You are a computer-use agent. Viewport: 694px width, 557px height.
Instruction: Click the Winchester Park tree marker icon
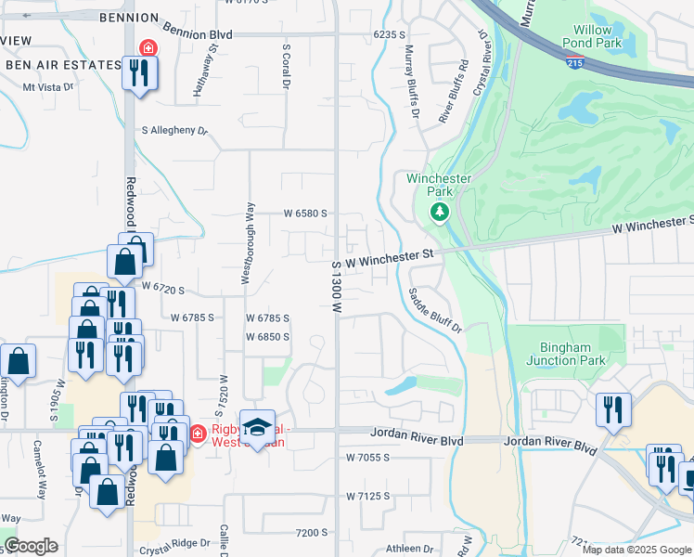440,213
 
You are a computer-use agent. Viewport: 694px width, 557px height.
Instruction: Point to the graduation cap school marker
258,427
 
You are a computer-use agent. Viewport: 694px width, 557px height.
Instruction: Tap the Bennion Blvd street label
197,33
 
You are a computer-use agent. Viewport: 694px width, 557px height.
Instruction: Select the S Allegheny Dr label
174,131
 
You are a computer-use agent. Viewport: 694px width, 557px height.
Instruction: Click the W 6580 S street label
305,213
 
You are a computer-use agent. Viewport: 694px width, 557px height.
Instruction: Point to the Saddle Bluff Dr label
433,309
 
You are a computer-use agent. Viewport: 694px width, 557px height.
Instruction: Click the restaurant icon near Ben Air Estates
140,72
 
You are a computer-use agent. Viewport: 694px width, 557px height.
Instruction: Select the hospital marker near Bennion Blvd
147,48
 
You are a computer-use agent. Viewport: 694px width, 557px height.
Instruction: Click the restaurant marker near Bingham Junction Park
613,409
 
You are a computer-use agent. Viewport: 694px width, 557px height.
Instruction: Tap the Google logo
31,546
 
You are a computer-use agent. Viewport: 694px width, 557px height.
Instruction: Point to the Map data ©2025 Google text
636,550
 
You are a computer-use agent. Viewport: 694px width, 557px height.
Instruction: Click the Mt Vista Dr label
47,87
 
